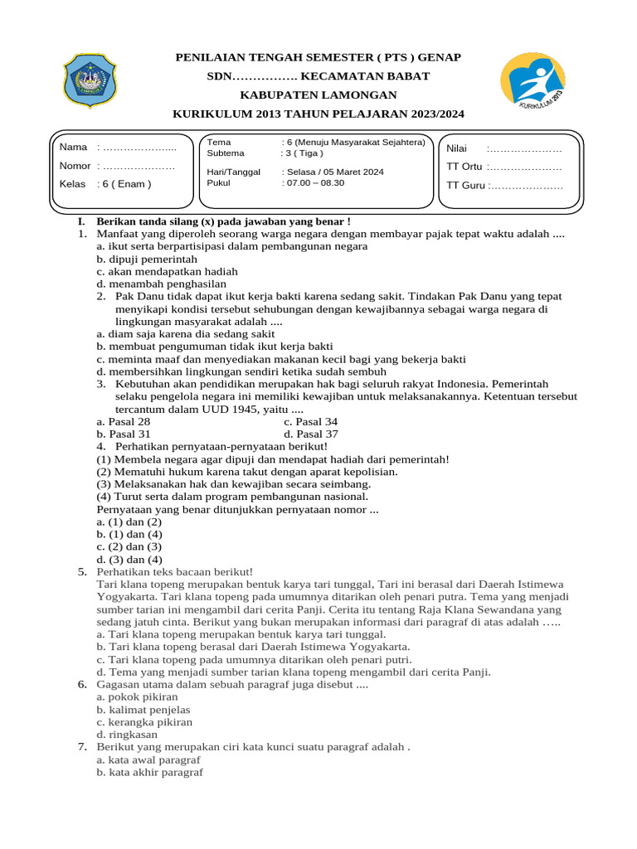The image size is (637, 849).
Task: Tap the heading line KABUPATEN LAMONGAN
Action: tap(318, 95)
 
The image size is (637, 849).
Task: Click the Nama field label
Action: tap(73, 148)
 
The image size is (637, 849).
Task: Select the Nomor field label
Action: tap(75, 166)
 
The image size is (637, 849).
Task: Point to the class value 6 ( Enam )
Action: tap(125, 184)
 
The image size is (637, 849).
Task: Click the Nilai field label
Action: tap(457, 148)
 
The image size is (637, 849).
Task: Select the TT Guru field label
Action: tap(465, 185)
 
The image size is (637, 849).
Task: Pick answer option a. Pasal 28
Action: tap(124, 421)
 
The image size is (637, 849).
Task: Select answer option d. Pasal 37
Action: tap(311, 434)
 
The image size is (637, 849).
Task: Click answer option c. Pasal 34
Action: tap(310, 421)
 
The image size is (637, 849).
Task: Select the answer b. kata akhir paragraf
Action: tap(149, 772)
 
